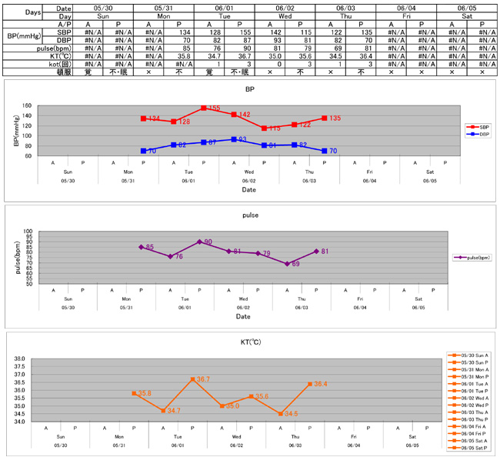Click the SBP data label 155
[214, 108]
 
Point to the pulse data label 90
[208, 242]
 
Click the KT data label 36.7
[202, 379]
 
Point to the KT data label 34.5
[291, 414]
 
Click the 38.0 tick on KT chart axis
[19, 359]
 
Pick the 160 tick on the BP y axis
[27, 106]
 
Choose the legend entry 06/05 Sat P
[472, 447]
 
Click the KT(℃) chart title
[252, 341]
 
